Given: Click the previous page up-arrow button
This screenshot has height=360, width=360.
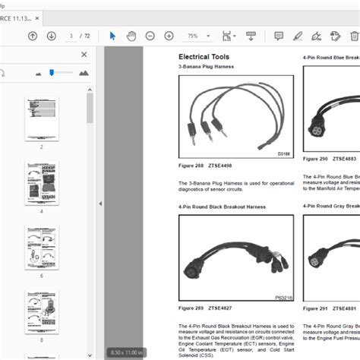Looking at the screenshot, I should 33,36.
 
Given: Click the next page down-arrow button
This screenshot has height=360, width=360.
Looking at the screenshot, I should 51,36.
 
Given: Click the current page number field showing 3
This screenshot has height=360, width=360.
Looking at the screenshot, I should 71,36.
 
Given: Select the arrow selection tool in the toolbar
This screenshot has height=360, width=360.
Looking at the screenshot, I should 112,36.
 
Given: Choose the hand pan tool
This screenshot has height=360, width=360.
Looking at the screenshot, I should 131,36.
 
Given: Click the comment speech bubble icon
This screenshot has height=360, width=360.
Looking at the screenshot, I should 279,36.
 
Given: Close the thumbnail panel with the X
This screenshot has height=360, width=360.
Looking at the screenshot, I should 84,55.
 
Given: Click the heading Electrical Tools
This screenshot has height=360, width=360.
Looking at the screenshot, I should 203,57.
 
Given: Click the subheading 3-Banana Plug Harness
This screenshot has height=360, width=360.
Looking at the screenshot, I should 205,67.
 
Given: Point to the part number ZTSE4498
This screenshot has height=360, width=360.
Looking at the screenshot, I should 230,166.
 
